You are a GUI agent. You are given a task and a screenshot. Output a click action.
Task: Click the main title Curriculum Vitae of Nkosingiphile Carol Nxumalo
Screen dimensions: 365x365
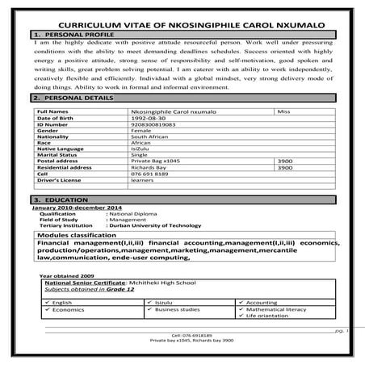(x=182, y=26)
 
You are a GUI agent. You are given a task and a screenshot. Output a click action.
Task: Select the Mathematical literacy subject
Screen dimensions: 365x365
(x=276, y=308)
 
